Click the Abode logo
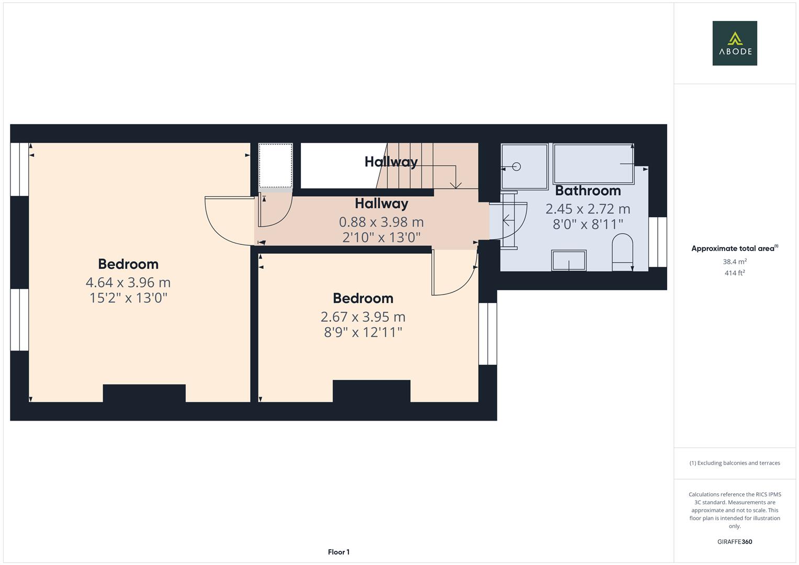click(x=734, y=43)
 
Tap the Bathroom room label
click(x=588, y=191)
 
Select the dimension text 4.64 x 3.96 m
click(x=128, y=282)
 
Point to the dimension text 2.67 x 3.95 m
click(x=363, y=317)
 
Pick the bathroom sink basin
click(x=569, y=260)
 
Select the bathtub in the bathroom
click(x=593, y=163)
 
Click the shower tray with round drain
click(x=524, y=166)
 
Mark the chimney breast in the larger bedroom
click(x=144, y=393)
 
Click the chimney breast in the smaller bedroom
click(x=371, y=391)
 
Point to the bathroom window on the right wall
click(x=657, y=242)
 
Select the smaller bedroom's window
click(x=488, y=333)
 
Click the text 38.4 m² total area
click(x=734, y=262)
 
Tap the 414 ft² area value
click(x=734, y=273)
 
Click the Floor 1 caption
click(x=339, y=552)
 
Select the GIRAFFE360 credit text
click(x=734, y=541)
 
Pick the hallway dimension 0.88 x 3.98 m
click(x=381, y=222)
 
